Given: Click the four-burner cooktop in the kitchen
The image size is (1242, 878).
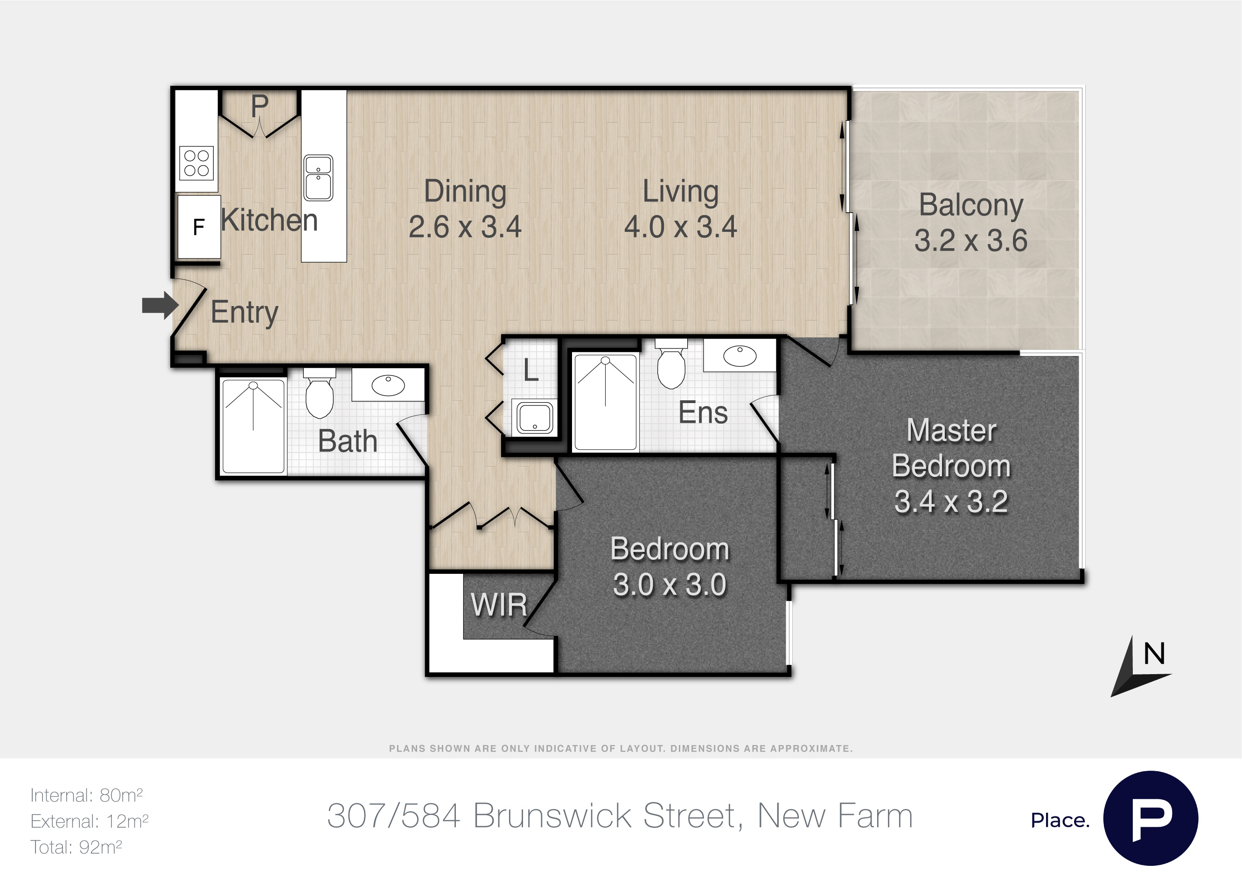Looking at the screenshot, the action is tap(196, 163).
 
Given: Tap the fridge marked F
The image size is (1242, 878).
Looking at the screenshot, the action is tap(199, 227).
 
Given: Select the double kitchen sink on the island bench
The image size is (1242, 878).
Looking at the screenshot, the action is tap(318, 177).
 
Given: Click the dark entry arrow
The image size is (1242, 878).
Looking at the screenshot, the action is tap(160, 306).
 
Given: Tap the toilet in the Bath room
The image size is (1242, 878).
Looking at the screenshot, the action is tap(320, 393).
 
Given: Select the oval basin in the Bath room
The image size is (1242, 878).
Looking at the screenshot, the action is tap(388, 385).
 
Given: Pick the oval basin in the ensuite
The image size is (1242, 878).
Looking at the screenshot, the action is tap(740, 356).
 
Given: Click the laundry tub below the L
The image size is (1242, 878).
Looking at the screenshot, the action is tap(534, 418).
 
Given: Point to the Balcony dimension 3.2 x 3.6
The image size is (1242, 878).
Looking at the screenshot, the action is tap(971, 241).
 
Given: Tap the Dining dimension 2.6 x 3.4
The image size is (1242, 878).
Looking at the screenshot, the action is tap(465, 227).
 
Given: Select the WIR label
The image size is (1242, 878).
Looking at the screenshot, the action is tap(499, 605).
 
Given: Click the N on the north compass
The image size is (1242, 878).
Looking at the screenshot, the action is tap(1154, 654).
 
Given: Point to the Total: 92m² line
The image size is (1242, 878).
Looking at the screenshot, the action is tap(76, 847).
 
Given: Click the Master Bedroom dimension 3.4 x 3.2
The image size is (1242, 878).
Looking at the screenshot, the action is tap(951, 502).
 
